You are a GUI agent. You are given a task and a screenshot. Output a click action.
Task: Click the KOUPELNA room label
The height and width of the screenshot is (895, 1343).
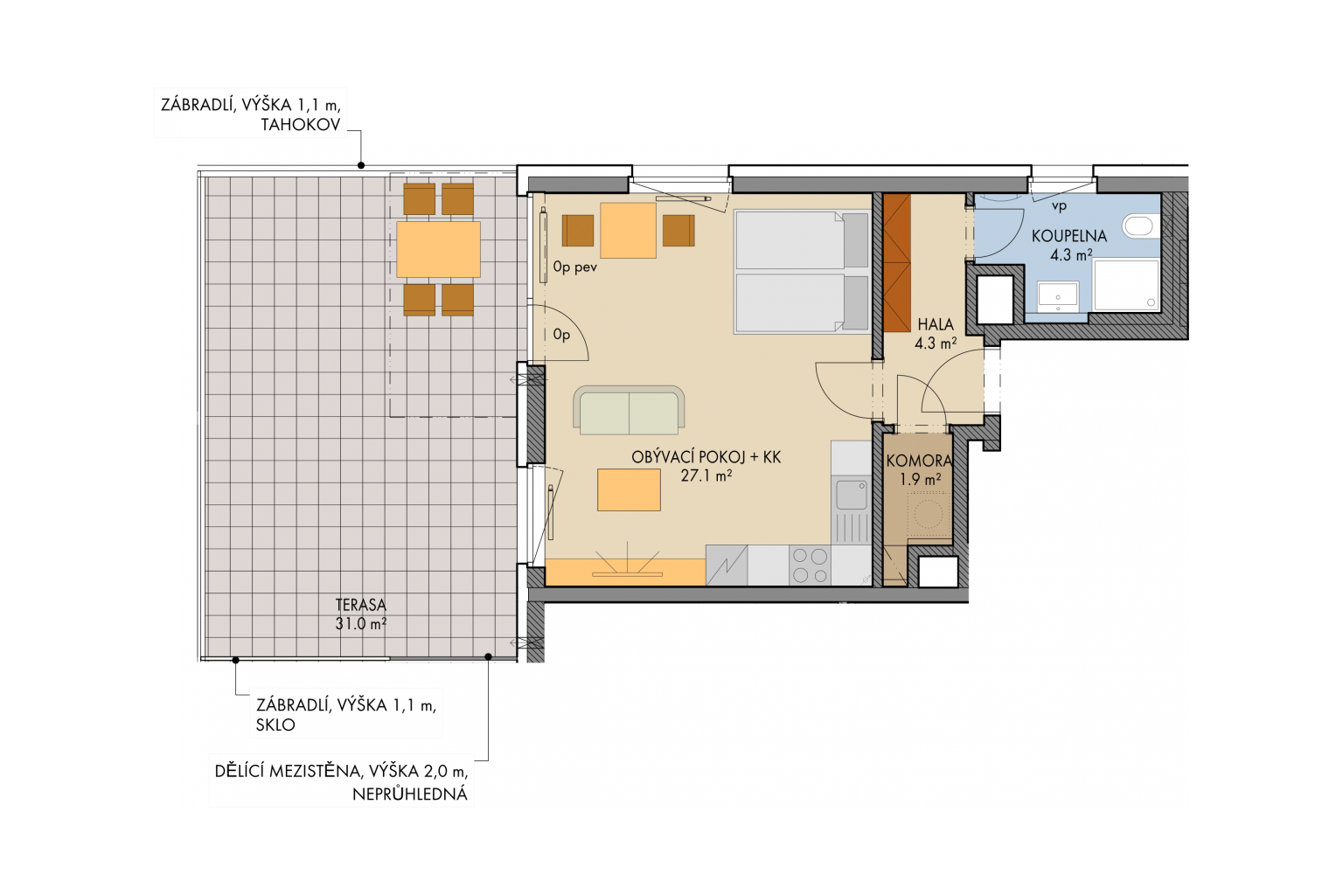(x=1069, y=236)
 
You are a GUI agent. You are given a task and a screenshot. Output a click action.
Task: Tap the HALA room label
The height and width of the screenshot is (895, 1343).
(x=936, y=325)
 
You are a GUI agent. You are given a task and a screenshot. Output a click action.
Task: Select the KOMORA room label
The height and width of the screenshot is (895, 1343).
(x=919, y=461)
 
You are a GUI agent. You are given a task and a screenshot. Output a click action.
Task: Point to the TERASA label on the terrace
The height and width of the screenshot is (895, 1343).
(x=360, y=604)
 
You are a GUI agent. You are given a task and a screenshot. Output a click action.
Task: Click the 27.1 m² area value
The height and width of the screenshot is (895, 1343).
(x=706, y=476)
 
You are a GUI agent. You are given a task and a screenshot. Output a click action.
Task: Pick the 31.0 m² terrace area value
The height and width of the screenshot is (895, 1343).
(x=360, y=624)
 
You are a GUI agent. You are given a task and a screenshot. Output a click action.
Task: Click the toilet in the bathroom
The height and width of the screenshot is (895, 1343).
(x=1138, y=226)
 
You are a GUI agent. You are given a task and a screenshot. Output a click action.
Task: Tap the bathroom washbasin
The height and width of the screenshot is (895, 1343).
(x=1058, y=296)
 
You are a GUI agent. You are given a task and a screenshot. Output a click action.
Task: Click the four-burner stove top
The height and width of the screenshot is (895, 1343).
(x=810, y=565)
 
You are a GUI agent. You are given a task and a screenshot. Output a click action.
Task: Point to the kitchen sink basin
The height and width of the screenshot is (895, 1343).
(x=852, y=496)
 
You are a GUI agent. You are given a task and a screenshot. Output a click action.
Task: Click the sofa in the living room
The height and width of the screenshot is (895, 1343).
(x=629, y=410)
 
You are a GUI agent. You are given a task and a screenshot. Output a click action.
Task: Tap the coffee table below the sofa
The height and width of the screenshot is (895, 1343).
(x=629, y=489)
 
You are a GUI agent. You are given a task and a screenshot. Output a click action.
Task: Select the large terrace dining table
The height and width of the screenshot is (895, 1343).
(x=438, y=249)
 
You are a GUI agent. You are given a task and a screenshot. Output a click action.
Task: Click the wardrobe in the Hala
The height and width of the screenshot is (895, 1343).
(x=897, y=262)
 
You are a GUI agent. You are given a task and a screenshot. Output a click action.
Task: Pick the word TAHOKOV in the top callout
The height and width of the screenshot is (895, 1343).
(x=301, y=125)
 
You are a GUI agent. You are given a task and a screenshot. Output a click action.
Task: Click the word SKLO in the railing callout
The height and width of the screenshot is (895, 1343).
(x=275, y=725)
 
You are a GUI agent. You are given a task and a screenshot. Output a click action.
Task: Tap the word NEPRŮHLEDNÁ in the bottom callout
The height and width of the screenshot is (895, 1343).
(x=409, y=794)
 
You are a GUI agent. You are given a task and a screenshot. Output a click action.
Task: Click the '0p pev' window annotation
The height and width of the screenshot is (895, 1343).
(x=575, y=267)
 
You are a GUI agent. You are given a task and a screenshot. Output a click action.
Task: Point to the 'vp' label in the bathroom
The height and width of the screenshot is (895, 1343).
(x=1060, y=207)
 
